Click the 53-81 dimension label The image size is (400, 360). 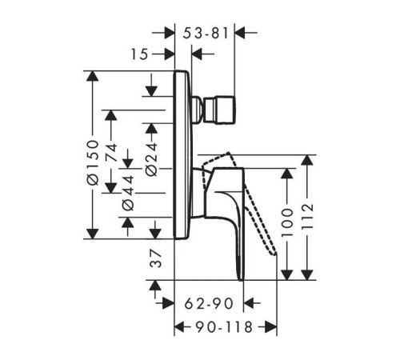point(206,34)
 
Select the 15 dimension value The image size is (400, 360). point(139,54)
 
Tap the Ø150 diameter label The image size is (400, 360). point(93,162)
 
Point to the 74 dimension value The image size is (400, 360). point(111,152)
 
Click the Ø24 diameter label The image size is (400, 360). point(152,159)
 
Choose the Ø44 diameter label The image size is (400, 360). point(128,193)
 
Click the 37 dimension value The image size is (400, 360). point(155,258)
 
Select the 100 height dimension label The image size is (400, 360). point(287,222)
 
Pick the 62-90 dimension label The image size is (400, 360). point(209,303)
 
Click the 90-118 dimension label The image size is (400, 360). point(224,327)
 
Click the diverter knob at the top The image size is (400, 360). point(220,110)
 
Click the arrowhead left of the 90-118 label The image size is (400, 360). point(179,326)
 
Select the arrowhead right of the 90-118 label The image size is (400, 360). point(271,326)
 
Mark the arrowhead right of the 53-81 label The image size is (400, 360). point(240,33)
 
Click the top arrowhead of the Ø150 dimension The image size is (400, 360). point(93,76)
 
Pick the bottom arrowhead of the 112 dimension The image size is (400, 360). point(307,275)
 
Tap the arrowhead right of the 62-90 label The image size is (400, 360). point(249,303)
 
